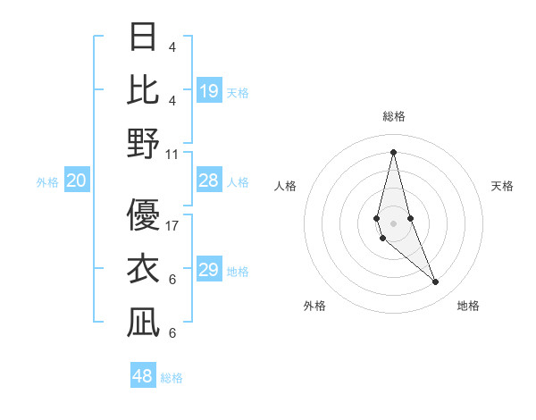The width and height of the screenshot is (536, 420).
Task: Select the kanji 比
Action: (143, 89)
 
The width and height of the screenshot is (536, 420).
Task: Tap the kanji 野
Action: (143, 143)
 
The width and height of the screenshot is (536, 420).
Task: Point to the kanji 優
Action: (143, 214)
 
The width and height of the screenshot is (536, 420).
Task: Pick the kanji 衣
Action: (143, 268)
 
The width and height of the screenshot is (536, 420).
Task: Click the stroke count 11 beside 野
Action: (172, 154)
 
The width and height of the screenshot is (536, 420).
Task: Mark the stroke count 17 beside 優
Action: (172, 225)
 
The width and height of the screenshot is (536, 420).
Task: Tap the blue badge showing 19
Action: (209, 91)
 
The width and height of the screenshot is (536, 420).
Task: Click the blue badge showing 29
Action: (209, 271)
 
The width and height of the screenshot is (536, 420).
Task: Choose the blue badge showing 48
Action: (143, 376)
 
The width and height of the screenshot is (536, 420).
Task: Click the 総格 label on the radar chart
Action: (394, 116)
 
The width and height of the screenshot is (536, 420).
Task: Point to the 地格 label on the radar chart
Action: (468, 306)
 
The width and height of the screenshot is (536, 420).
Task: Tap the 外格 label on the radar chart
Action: (314, 306)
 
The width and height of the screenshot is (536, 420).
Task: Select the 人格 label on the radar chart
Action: (286, 186)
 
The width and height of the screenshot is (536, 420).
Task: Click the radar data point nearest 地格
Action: (436, 282)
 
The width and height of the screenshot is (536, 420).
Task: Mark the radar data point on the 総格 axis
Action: (394, 152)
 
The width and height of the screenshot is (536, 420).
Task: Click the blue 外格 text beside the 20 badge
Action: (47, 182)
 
